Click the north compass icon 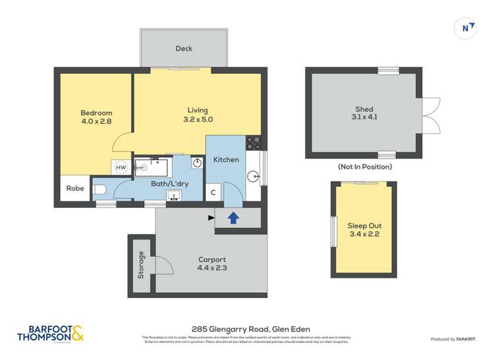point(466,28)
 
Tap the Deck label point(184,49)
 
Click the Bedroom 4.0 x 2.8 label point(96,116)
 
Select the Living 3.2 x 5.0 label point(198,115)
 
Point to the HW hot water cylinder point(121,168)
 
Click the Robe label point(75,188)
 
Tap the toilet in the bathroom point(99,190)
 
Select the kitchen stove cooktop point(253,142)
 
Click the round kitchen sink point(254,176)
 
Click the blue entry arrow point(232,217)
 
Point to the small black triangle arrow point(211,217)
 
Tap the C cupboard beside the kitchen point(213,193)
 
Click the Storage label point(141,265)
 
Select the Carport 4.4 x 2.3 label point(211,264)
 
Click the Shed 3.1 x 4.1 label point(364,113)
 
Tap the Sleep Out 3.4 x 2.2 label point(364,230)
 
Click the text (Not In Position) point(364,167)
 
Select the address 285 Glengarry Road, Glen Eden point(250,329)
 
